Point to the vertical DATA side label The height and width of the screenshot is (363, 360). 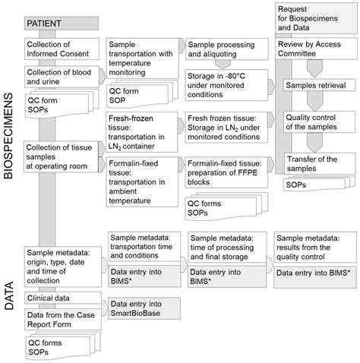coord(10,293)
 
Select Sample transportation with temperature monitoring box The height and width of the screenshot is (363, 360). coord(144,57)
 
